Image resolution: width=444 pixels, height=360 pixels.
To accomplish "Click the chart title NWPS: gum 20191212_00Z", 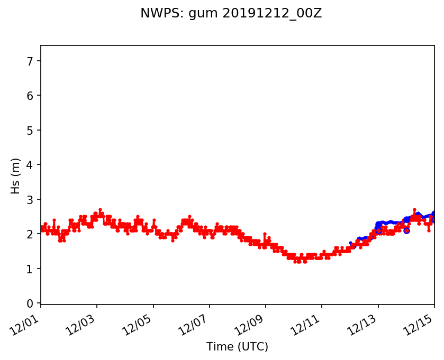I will click(x=231, y=14).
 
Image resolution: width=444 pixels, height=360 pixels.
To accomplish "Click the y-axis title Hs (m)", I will click(x=16, y=176).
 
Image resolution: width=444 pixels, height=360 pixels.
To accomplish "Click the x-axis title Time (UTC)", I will click(x=237, y=347).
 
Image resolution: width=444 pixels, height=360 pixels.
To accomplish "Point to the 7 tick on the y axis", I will click(x=30, y=61).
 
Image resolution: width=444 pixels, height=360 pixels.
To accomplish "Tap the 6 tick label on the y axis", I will click(x=30, y=96).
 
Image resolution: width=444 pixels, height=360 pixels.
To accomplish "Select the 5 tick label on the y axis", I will click(x=30, y=131).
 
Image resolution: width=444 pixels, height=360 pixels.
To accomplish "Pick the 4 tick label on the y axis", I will click(x=30, y=165).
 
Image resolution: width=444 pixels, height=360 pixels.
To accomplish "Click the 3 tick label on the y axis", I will click(x=30, y=200).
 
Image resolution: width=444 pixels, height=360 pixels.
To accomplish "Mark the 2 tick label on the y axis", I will click(x=30, y=234).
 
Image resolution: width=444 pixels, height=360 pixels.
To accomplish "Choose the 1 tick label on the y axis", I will click(x=30, y=269).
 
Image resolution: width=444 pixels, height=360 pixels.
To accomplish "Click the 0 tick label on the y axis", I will click(x=30, y=303).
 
